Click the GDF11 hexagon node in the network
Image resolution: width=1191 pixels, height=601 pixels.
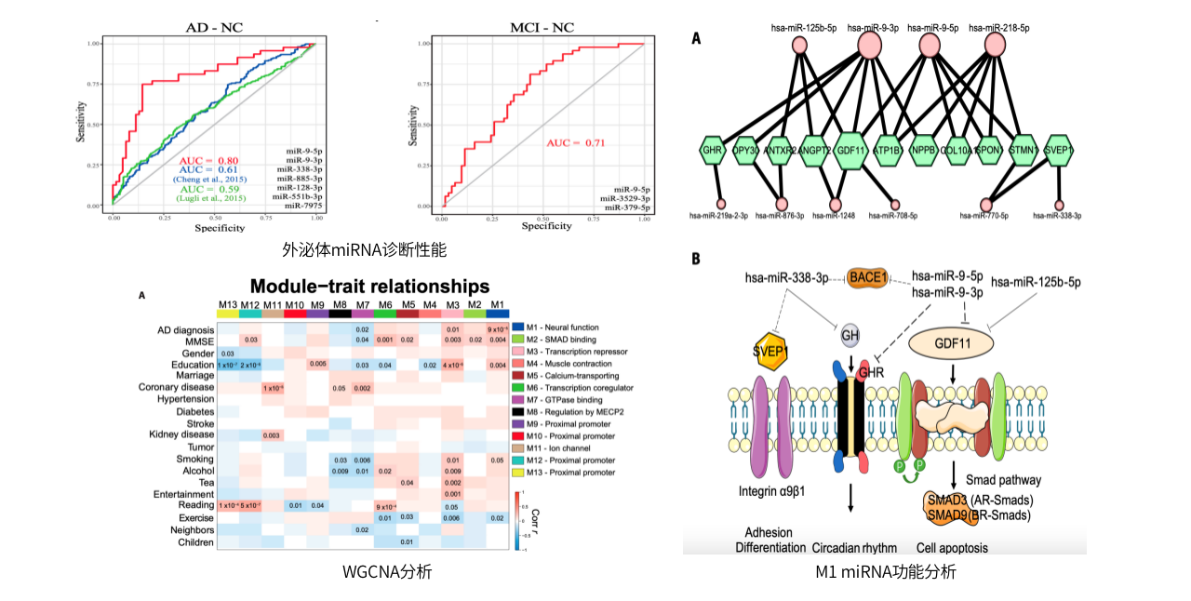point(851,149)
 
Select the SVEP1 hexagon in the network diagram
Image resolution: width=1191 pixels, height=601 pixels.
point(1059,149)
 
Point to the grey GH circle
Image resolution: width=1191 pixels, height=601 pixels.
point(850,336)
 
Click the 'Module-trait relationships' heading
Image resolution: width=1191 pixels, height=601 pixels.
point(369,286)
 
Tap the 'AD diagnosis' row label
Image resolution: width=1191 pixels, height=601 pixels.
point(185,328)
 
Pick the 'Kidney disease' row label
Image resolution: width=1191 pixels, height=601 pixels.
point(181,434)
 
